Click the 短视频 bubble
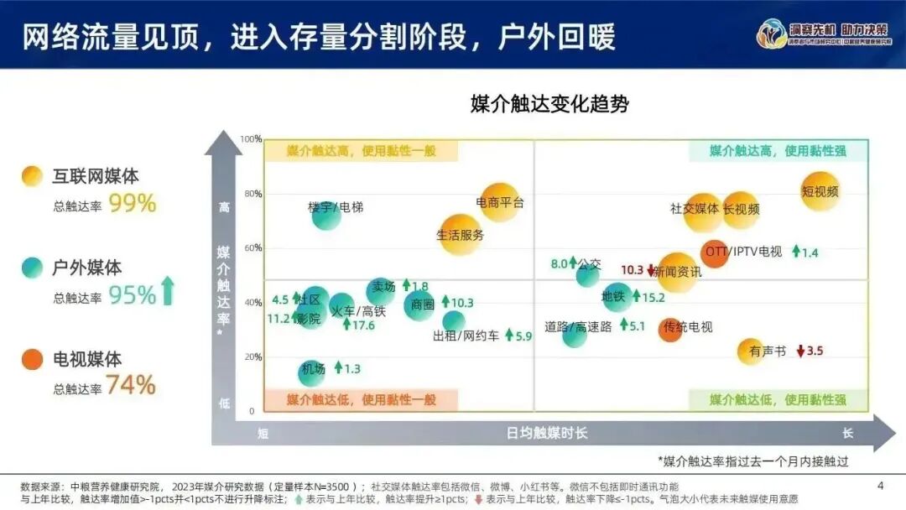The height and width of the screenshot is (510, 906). pos(820,191)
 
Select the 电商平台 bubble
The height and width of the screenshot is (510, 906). pos(499,202)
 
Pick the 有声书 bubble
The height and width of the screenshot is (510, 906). pos(751,351)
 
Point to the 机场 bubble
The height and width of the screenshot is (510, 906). pos(311,372)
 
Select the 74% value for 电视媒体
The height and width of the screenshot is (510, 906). pos(131,385)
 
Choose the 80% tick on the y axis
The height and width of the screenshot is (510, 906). pos(253,194)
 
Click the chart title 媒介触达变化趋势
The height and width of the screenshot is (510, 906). pos(549,105)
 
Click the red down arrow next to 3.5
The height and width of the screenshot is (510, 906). pos(800,351)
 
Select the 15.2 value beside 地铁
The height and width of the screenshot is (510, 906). pos(653,296)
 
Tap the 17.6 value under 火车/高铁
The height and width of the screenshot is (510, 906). pos(363,325)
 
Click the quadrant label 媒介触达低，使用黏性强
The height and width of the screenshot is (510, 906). pos(778,400)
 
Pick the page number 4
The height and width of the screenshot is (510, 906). pos(880,485)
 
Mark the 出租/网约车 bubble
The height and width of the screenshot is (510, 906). pos(454,322)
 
